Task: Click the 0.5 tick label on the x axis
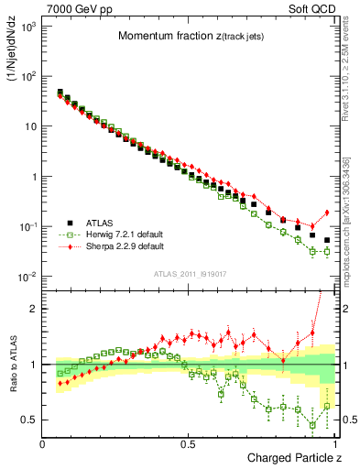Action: pos(189,444)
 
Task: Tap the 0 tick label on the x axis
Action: pos(43,444)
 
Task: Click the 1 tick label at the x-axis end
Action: pos(335,444)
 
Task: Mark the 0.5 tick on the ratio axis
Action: pos(30,420)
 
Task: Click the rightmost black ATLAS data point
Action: pos(327,240)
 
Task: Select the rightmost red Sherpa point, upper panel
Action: pos(327,213)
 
